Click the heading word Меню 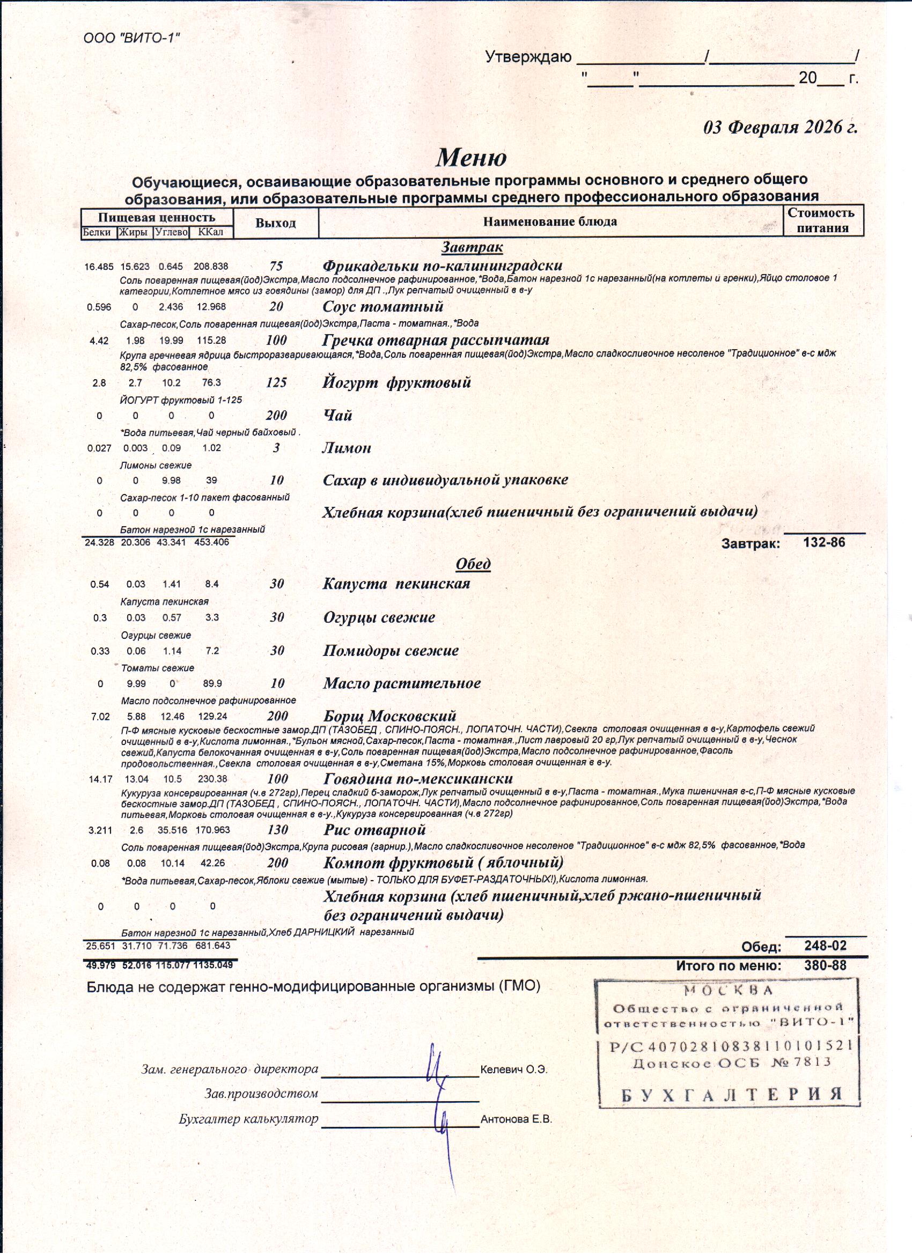pyautogui.click(x=471, y=158)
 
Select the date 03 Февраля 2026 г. pyautogui.click(x=780, y=127)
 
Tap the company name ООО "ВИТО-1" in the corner pyautogui.click(x=131, y=38)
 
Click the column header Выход pyautogui.click(x=275, y=223)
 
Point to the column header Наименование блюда pyautogui.click(x=550, y=222)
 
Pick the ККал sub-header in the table pyautogui.click(x=211, y=232)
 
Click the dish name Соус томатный pyautogui.click(x=383, y=306)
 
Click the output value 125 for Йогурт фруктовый pyautogui.click(x=276, y=382)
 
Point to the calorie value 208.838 pyautogui.click(x=211, y=267)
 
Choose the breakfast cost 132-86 pyautogui.click(x=824, y=542)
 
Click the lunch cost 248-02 pyautogui.click(x=825, y=946)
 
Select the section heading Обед pyautogui.click(x=473, y=563)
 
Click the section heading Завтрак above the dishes pyautogui.click(x=472, y=247)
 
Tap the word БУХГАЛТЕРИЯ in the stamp pyautogui.click(x=732, y=1094)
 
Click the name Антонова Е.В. pyautogui.click(x=516, y=1120)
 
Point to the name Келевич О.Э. pyautogui.click(x=514, y=1069)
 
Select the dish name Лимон pyautogui.click(x=347, y=448)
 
